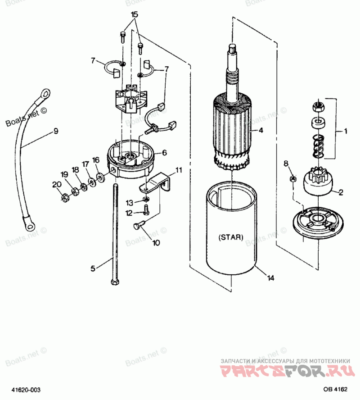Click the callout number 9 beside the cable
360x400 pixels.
[56, 131]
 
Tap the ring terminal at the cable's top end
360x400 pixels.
[45, 94]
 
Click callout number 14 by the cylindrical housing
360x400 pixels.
[270, 278]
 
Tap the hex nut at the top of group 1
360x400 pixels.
[318, 107]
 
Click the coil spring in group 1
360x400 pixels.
[318, 145]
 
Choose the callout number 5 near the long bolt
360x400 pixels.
[93, 268]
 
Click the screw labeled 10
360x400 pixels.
[137, 227]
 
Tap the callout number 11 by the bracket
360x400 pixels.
[179, 170]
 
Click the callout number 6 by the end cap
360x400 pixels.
[164, 153]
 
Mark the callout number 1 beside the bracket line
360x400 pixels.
[345, 132]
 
